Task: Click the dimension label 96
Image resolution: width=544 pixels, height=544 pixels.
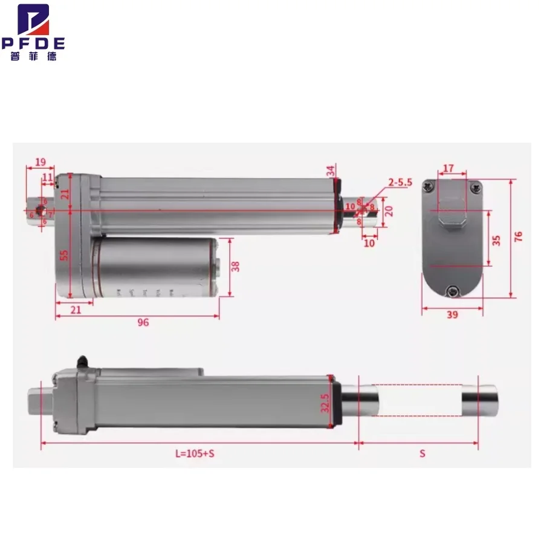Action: click(143, 322)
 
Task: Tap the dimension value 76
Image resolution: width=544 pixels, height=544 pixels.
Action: click(518, 236)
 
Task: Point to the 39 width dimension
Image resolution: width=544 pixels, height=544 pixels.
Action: click(452, 315)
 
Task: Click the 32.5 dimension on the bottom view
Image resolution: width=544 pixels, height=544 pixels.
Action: click(325, 403)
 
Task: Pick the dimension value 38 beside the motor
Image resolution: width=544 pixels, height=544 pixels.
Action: click(236, 266)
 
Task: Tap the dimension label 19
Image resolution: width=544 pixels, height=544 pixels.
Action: click(40, 162)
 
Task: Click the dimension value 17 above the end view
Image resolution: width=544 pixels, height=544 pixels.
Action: click(448, 167)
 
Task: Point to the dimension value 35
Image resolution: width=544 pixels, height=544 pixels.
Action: click(496, 239)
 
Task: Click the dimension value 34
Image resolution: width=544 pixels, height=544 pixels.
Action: click(331, 170)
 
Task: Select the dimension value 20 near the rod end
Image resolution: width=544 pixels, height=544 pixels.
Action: click(389, 211)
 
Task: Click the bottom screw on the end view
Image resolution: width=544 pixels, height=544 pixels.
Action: click(452, 293)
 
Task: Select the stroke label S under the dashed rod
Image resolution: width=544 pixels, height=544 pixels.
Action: click(423, 453)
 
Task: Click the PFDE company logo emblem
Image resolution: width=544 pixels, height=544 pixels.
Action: click(33, 20)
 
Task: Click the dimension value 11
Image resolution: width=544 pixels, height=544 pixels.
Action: click(47, 176)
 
